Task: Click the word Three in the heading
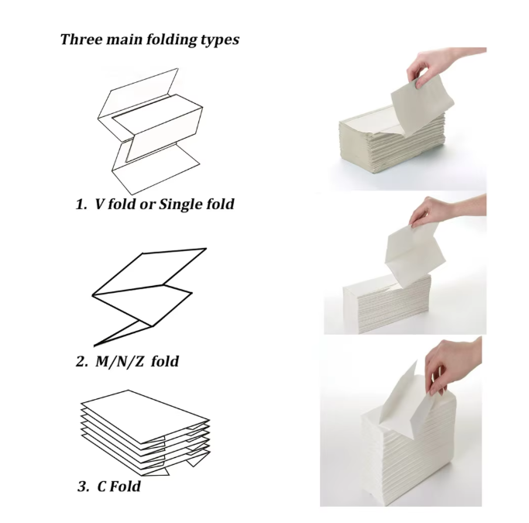81,40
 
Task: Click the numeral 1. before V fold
81,204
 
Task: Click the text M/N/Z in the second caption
120,362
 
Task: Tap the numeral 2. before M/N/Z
82,362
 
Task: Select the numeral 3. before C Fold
84,487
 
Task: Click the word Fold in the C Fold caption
125,487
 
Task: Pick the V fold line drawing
150,132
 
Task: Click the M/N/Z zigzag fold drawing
149,297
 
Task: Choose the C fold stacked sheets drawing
145,433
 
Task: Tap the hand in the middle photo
442,210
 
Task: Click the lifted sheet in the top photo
421,105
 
